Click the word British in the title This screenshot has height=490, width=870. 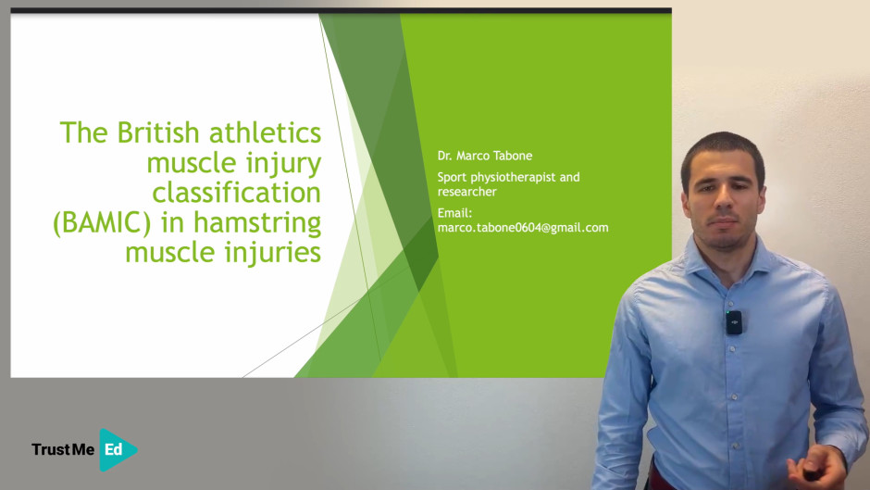[158, 132]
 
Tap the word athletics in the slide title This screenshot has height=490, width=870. [265, 132]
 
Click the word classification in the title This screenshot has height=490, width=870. [236, 193]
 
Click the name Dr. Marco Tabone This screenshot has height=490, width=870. [484, 156]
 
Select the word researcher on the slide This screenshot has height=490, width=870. [466, 192]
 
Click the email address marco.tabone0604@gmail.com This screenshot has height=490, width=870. [523, 227]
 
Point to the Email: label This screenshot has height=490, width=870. [454, 213]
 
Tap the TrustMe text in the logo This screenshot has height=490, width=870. [63, 449]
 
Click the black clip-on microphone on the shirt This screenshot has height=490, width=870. [734, 322]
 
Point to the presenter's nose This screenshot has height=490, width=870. [724, 207]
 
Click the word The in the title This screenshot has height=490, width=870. [84, 132]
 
